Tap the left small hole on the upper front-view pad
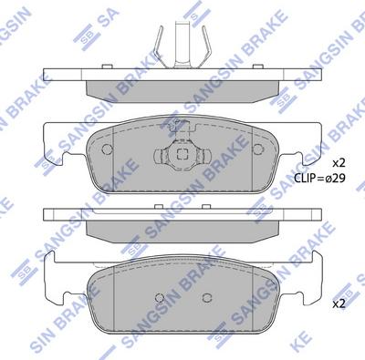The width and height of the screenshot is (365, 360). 108,147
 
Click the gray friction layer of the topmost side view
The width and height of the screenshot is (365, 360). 182,87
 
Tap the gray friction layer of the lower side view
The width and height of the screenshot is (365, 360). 182,228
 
